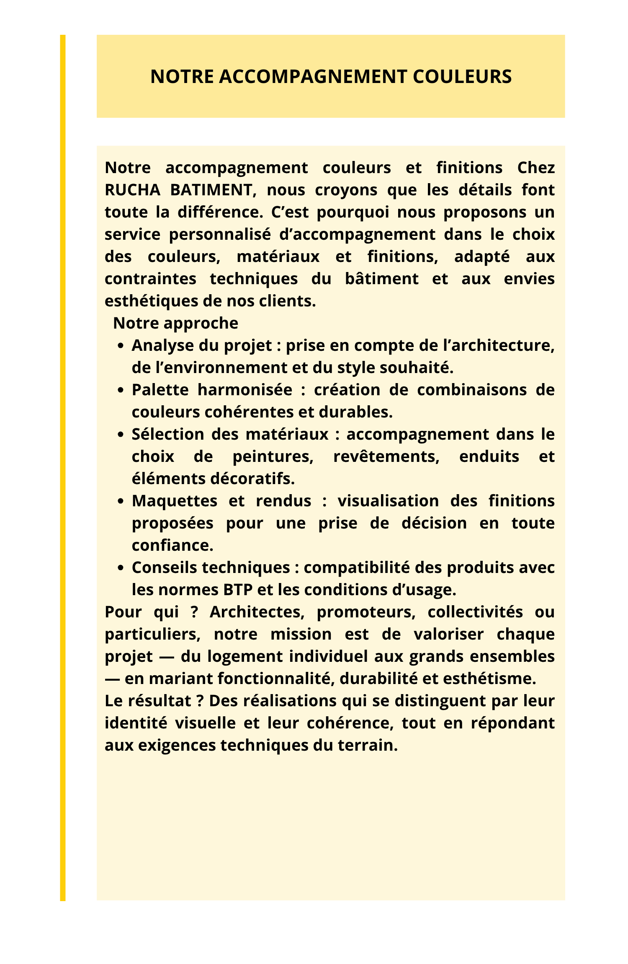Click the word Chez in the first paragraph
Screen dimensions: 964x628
536,168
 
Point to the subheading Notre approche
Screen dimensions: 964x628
175,323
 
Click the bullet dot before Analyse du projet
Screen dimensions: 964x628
121,346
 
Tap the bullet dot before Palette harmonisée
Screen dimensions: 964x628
121,391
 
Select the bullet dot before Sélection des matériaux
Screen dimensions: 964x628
121,435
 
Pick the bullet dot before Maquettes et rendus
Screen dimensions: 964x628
121,502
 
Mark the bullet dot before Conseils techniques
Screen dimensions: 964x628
121,568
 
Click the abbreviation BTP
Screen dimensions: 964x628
238,590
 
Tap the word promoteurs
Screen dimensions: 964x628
365,612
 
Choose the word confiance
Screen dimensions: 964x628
172,546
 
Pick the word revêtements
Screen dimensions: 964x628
386,457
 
